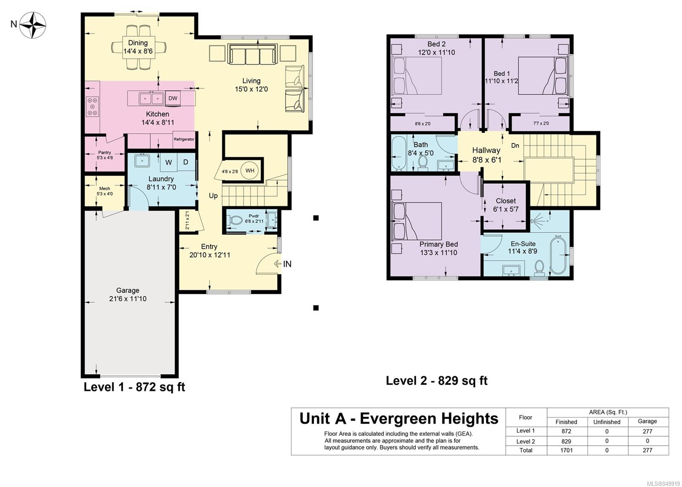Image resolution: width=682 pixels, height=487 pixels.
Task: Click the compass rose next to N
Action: tap(32, 25)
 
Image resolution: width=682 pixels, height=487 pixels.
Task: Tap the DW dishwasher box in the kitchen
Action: tap(173, 98)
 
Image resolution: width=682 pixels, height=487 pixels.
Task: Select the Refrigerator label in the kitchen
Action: tap(184, 139)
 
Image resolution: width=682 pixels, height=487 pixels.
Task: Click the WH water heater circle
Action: tap(250, 170)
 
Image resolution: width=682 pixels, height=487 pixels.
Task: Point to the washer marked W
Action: tap(168, 162)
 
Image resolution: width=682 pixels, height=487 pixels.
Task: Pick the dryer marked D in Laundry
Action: tap(186, 162)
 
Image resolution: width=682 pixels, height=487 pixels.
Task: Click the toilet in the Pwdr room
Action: tap(234, 220)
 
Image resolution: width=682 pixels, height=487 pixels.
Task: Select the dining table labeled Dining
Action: tap(139, 47)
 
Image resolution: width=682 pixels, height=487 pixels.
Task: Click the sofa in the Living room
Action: tap(252, 54)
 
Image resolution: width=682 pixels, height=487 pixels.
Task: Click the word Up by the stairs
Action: tap(213, 196)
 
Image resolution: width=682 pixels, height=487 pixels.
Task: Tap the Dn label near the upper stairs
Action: tap(515, 145)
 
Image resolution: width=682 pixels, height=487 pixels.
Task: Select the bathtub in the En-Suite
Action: tap(558, 255)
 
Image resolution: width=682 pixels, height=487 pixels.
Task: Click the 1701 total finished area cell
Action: tap(566, 450)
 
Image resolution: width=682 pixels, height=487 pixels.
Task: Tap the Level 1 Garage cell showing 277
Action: tap(647, 431)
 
